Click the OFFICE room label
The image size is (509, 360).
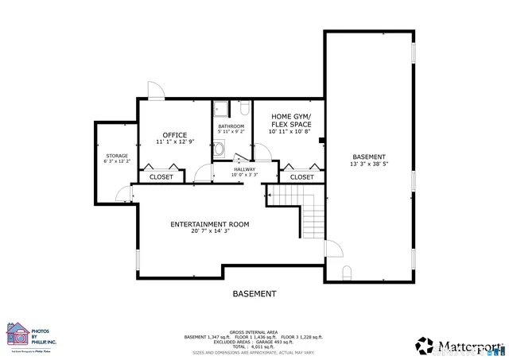174,135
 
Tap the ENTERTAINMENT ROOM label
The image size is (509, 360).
209,225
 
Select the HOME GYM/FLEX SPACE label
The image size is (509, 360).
290,120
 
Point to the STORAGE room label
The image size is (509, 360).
117,155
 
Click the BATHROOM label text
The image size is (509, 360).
231,126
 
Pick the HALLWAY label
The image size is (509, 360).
244,168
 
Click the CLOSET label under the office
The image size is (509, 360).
161,177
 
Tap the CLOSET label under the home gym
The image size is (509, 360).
301,177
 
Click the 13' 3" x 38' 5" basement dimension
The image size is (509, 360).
369,164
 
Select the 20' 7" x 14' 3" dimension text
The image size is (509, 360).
209,232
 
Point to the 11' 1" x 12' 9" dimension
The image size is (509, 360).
174,142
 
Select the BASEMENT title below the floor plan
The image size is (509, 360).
254,293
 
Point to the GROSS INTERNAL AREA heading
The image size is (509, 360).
254,331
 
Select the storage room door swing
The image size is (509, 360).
122,192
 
